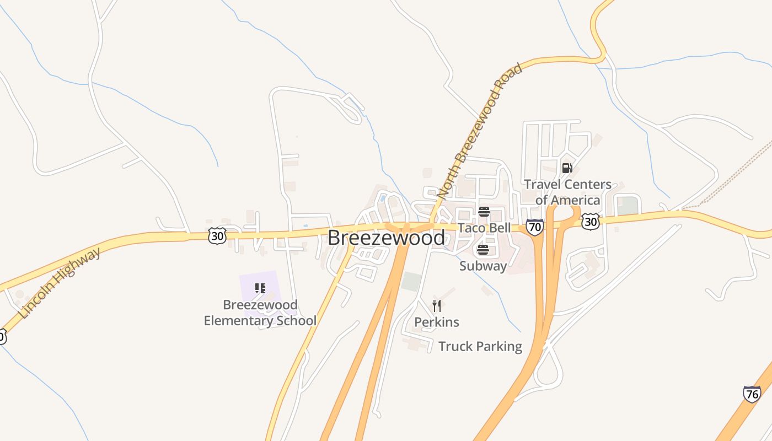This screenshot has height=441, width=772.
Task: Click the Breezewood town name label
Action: [386, 238]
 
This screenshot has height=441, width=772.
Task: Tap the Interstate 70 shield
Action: [534, 227]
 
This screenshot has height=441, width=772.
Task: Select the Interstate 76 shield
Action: [752, 394]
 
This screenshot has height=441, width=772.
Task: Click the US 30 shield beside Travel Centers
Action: [590, 222]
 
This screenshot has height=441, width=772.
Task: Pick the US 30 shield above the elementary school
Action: [217, 236]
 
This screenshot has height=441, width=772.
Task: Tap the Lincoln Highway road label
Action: [60, 283]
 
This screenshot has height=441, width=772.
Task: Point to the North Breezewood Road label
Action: [479, 131]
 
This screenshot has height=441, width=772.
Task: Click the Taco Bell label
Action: [485, 228]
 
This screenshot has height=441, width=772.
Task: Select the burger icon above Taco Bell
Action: [484, 211]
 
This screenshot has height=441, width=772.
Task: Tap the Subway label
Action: [483, 266]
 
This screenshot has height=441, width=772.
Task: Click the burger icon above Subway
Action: [483, 250]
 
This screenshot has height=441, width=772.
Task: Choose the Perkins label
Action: [437, 322]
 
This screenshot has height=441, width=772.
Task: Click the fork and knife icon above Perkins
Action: [437, 306]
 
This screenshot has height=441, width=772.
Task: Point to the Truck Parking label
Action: [480, 346]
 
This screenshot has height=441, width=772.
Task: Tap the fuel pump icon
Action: [567, 168]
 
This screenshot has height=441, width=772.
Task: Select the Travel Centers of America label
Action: [567, 192]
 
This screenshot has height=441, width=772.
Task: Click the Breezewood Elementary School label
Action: [260, 313]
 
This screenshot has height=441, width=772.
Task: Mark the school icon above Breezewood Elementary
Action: [260, 288]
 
